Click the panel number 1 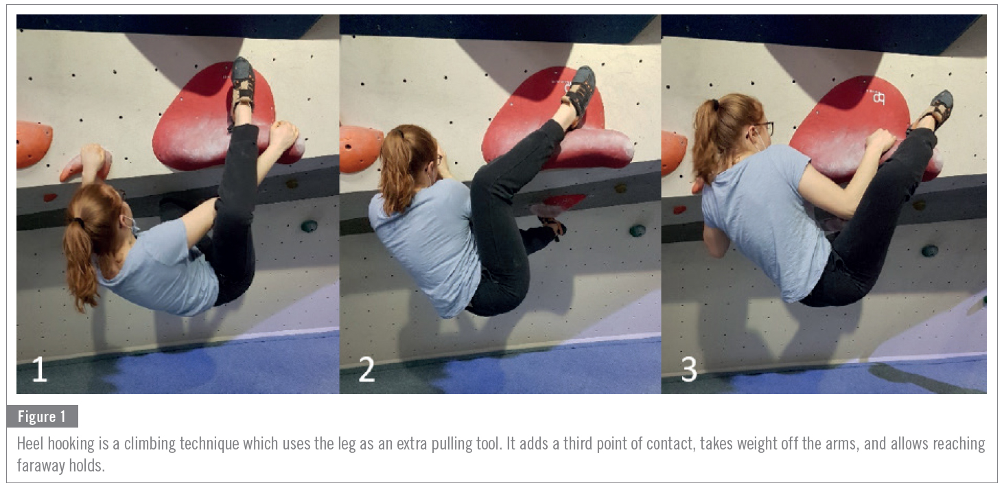(40, 369)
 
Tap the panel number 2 (366, 369)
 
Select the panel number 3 (689, 369)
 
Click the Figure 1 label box (42, 417)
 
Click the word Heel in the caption (30, 443)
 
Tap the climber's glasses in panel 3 (765, 128)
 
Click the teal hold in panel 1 (309, 226)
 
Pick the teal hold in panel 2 (638, 231)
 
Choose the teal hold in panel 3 (929, 251)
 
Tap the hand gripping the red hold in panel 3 (879, 141)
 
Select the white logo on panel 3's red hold (878, 97)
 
